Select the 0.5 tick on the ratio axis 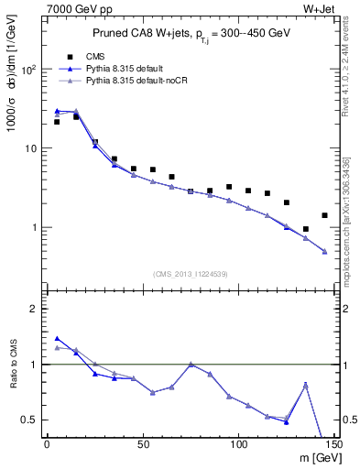click(x=32, y=420)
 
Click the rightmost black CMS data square click(x=324, y=215)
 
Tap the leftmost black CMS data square click(x=57, y=122)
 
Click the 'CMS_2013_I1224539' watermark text click(x=191, y=273)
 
